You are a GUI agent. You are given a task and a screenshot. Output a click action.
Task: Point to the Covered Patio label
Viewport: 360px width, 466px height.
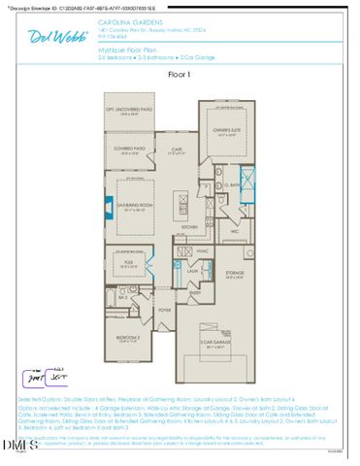tap(131, 151)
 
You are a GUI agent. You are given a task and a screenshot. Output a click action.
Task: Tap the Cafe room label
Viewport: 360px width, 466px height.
tap(178, 150)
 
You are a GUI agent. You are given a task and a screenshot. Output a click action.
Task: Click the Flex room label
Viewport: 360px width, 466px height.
tap(127, 263)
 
